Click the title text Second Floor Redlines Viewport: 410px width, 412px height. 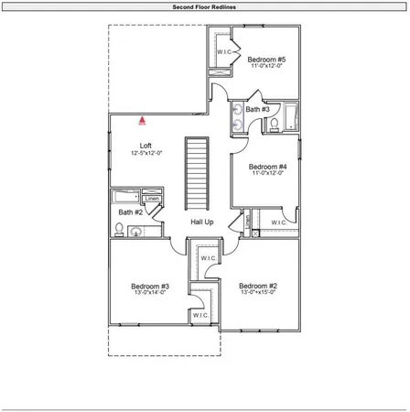coord(205,7)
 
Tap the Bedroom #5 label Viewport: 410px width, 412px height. coord(266,60)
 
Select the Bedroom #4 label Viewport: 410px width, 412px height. coord(266,166)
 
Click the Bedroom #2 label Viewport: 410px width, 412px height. coord(258,286)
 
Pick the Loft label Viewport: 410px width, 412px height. coord(146,146)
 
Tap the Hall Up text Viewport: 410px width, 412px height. coord(202,222)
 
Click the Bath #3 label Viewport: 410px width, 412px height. coord(257,110)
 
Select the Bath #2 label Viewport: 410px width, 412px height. coord(131,212)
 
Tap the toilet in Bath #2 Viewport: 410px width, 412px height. coord(120,230)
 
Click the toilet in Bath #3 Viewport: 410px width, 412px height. coord(273,125)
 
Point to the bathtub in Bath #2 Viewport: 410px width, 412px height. coord(126,196)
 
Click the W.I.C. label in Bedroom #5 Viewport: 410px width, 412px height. coord(223,52)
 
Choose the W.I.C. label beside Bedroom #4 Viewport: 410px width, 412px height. coord(279,222)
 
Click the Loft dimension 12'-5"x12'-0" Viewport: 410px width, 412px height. coord(146,154)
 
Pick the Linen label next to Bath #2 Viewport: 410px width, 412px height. coord(152,199)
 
